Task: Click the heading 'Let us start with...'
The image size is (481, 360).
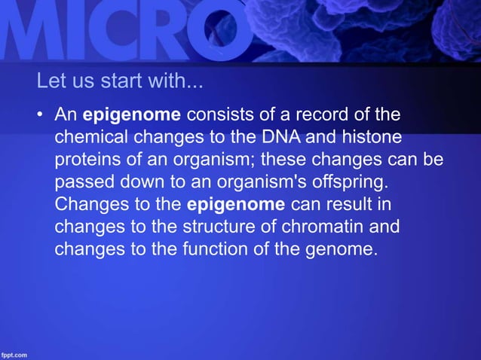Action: [120, 81]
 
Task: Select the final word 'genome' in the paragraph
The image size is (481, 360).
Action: [343, 249]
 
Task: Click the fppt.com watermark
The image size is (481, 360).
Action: [14, 354]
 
